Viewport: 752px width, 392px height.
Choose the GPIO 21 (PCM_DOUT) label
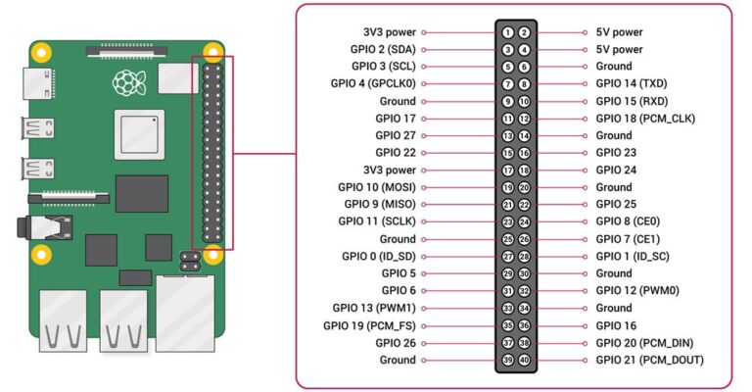(648, 360)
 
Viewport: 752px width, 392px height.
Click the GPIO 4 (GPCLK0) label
(373, 83)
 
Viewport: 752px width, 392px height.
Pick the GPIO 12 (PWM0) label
(637, 290)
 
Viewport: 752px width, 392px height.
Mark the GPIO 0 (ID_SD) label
(379, 256)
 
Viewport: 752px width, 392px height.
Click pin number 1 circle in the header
(508, 32)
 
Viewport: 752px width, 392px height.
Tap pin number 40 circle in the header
(524, 360)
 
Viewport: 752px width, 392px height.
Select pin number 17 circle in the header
(508, 170)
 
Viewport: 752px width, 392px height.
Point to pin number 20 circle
(524, 187)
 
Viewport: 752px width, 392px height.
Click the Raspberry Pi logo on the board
(125, 80)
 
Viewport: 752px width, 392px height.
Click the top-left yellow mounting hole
(42, 51)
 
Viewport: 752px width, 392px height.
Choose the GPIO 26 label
(395, 342)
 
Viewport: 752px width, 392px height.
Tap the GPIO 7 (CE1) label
(628, 238)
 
